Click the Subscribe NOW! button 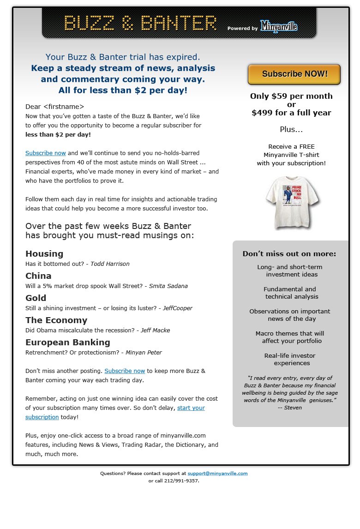(x=294, y=74)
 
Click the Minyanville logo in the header (x=279, y=27)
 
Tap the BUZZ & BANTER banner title (x=140, y=23)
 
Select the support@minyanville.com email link (x=217, y=473)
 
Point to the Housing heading (x=44, y=254)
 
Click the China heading (x=38, y=276)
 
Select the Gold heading (x=36, y=298)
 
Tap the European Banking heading (x=68, y=343)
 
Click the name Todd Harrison (x=110, y=264)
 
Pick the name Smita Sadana (x=168, y=286)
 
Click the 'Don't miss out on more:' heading (x=289, y=254)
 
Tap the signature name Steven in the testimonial (x=293, y=408)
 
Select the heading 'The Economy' (x=56, y=320)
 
